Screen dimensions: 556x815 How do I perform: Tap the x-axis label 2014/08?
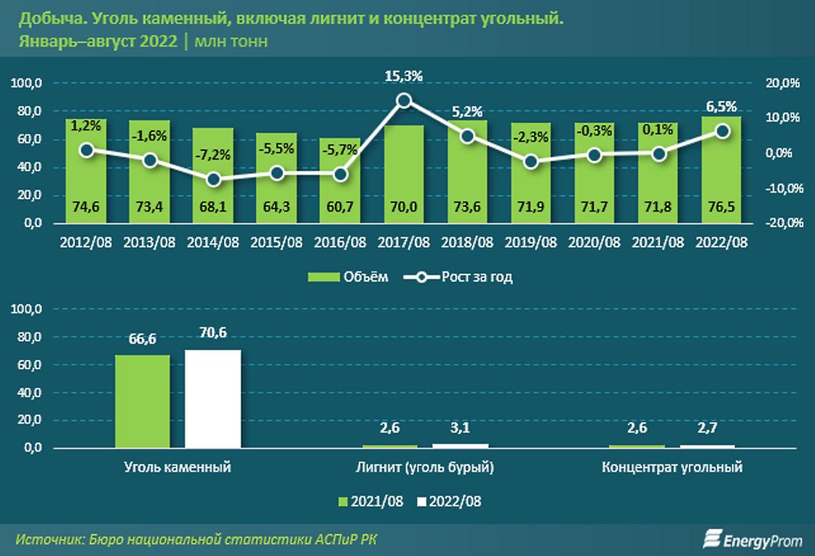tap(213, 242)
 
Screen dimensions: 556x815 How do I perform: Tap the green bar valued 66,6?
tap(143, 401)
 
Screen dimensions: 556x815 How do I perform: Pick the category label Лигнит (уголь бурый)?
tap(426, 467)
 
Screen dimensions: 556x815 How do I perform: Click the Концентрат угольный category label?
tap(672, 467)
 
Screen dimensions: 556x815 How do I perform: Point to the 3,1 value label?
tap(461, 428)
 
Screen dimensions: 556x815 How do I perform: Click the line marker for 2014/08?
tap(213, 179)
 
